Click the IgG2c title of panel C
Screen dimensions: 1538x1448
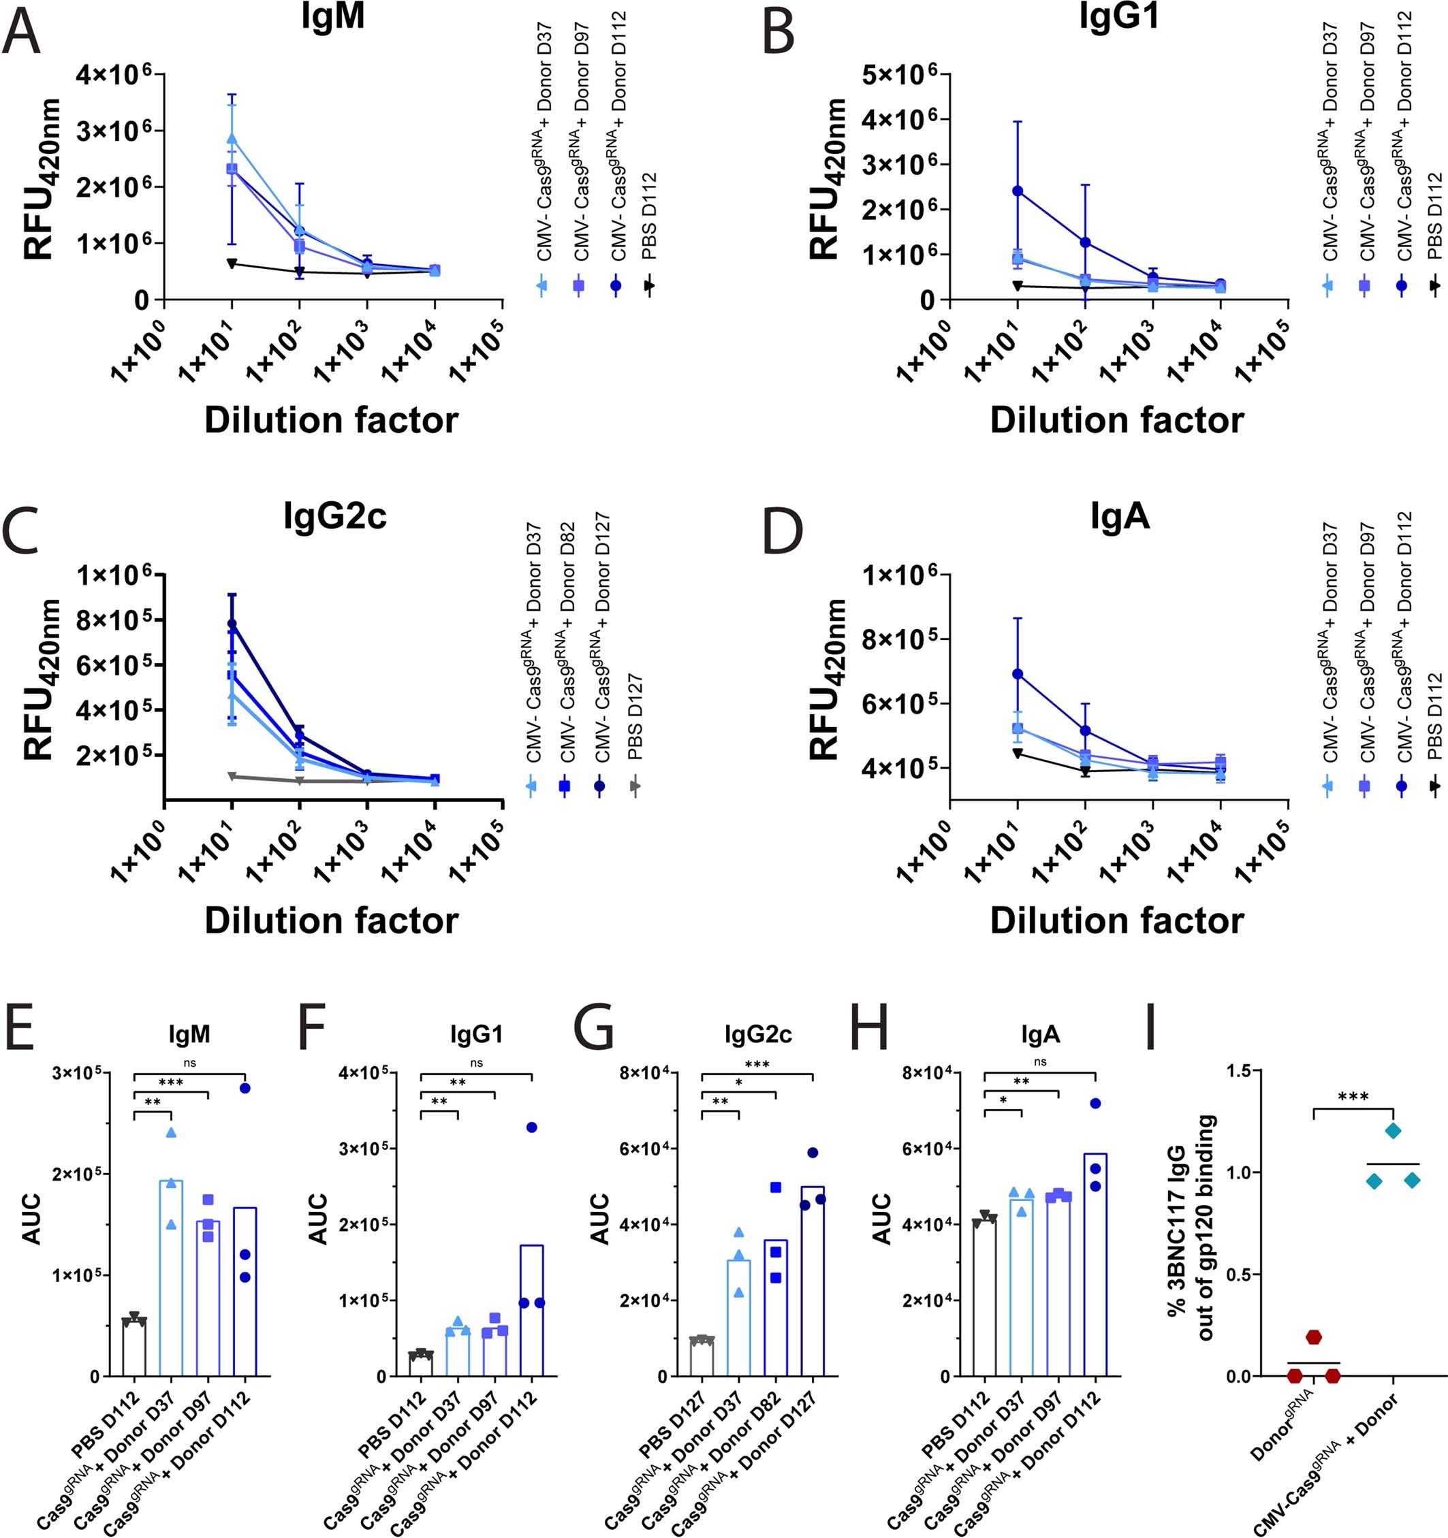tap(334, 516)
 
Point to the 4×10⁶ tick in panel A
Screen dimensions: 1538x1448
tap(118, 75)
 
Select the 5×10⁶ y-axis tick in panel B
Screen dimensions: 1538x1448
tap(903, 75)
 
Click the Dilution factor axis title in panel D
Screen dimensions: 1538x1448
tap(1117, 920)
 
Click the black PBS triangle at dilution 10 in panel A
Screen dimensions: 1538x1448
tap(232, 263)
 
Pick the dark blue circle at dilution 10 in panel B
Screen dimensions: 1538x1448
tap(1018, 191)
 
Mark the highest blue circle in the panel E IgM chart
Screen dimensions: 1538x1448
tap(245, 1088)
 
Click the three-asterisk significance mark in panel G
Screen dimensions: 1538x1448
tap(757, 1066)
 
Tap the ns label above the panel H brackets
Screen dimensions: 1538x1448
tap(1040, 1062)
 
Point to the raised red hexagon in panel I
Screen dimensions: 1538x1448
tap(1314, 1337)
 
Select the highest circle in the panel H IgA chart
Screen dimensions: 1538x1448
tap(1095, 1103)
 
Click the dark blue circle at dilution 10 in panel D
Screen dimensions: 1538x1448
tap(1018, 674)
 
